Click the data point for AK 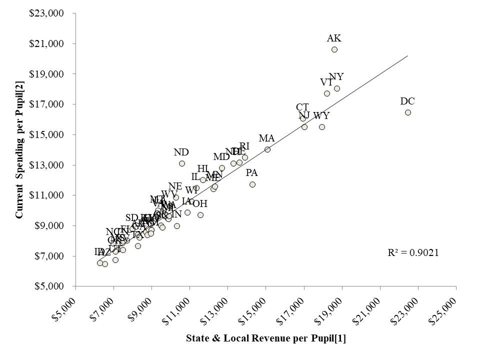pyautogui.click(x=334, y=49)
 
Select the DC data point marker pyautogui.click(x=408, y=112)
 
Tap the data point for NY pyautogui.click(x=337, y=88)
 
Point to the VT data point pyautogui.click(x=327, y=93)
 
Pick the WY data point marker pyautogui.click(x=322, y=127)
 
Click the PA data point pyautogui.click(x=252, y=184)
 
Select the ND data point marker pyautogui.click(x=182, y=163)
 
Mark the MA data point pyautogui.click(x=267, y=149)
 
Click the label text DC pyautogui.click(x=407, y=101)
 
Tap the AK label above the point pyautogui.click(x=334, y=38)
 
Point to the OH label pyautogui.click(x=200, y=203)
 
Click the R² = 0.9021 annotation pyautogui.click(x=413, y=252)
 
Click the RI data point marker pyautogui.click(x=245, y=157)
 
